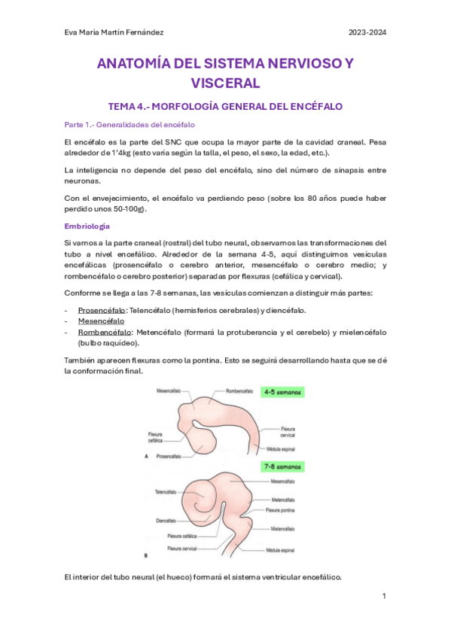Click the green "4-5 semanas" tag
[x=282, y=392]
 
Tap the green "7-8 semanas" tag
[x=282, y=467]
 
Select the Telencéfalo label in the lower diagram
[x=170, y=493]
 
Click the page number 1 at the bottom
[x=383, y=597]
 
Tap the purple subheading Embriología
[x=87, y=226]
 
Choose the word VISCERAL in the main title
[x=225, y=83]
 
